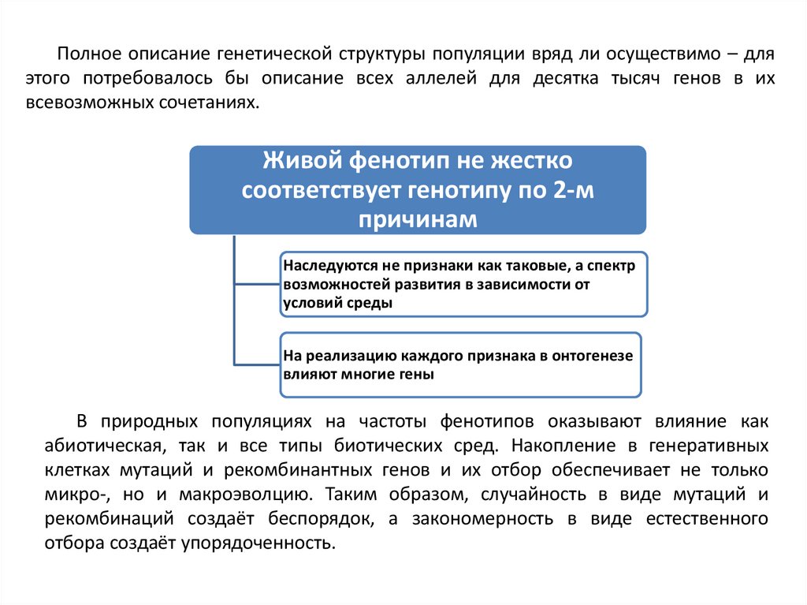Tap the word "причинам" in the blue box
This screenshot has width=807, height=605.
click(x=418, y=218)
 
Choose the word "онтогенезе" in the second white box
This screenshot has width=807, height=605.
click(x=593, y=357)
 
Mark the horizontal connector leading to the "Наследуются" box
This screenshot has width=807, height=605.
click(x=257, y=284)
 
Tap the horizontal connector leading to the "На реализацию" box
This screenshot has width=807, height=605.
click(x=257, y=364)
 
